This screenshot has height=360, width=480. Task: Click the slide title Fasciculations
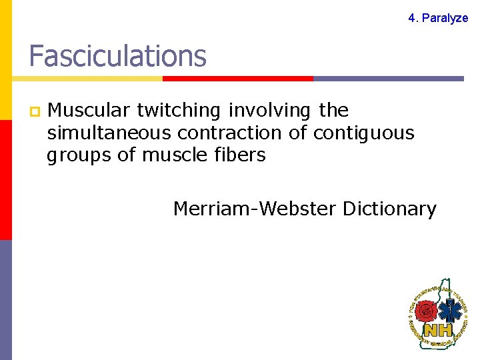[x=117, y=57]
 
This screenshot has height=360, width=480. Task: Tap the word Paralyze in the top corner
[x=445, y=18]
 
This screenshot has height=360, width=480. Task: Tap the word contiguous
[x=363, y=133]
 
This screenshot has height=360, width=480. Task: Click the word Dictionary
[x=389, y=209]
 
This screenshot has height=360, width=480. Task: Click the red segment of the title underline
[x=238, y=79]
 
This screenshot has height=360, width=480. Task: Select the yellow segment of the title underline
[x=87, y=79]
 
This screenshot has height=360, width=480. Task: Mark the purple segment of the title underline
[x=388, y=79]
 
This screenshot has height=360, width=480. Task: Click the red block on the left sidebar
[x=5, y=180]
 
